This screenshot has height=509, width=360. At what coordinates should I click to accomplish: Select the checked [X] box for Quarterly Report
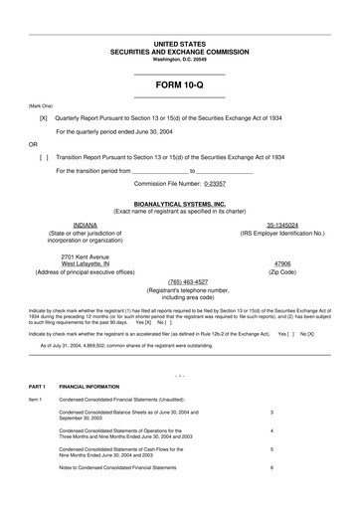click(43, 117)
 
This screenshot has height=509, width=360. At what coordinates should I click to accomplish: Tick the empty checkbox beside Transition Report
click(43, 157)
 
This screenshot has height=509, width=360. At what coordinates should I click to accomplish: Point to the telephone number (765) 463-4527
click(179, 282)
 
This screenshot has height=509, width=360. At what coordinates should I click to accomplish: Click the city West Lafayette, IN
click(84, 263)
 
